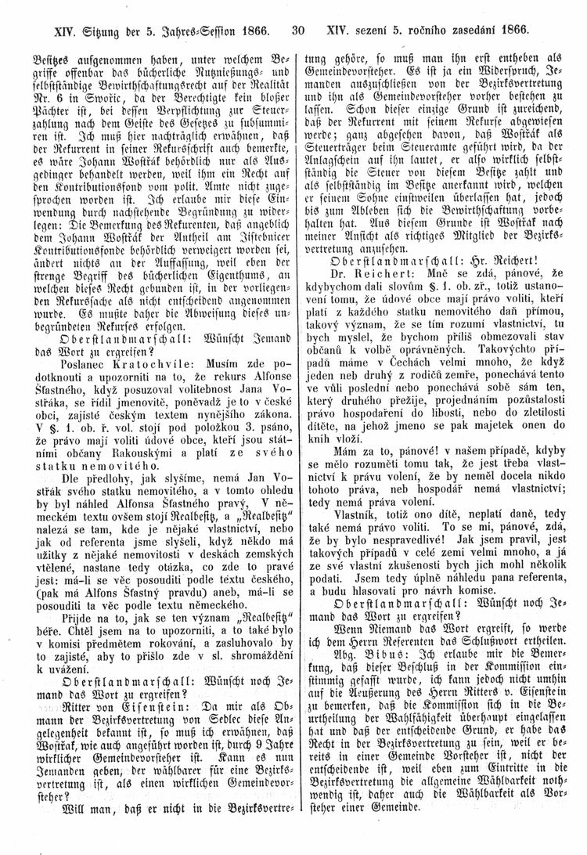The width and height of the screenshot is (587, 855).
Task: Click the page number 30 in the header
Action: (x=296, y=32)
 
